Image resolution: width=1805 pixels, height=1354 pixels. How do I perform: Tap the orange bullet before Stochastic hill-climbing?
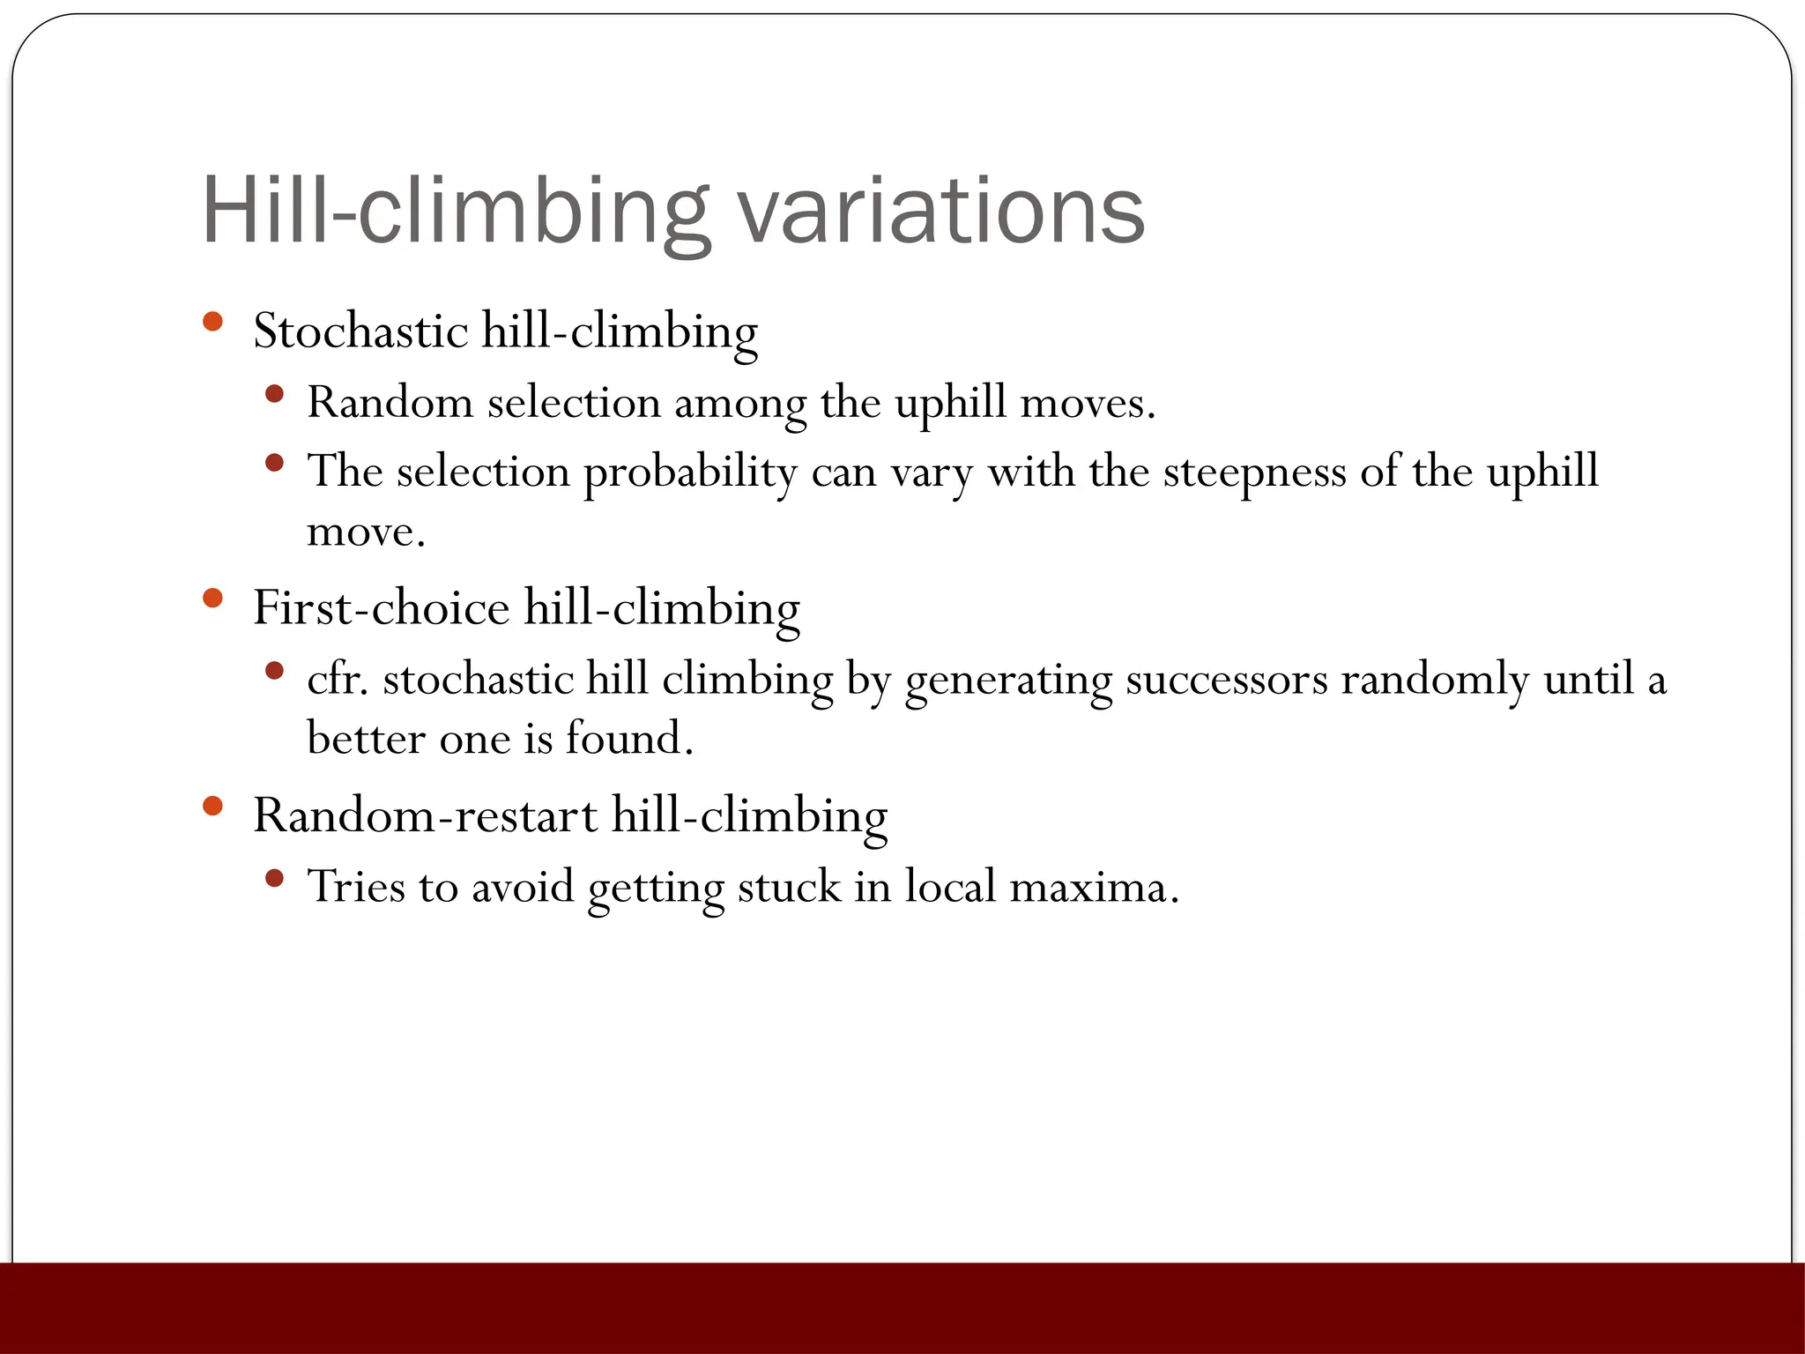pos(212,321)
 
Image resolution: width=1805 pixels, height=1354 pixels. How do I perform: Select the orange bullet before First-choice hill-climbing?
pos(212,599)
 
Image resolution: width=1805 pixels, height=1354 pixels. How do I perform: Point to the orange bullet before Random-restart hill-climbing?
pos(212,806)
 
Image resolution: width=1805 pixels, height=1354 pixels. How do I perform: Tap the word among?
pos(739,405)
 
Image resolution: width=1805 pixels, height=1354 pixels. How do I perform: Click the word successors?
pos(1226,680)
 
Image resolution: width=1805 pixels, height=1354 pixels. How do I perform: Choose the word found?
pos(629,739)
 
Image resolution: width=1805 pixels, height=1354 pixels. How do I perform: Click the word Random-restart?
pos(425,815)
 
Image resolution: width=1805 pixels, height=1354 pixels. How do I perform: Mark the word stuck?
pos(789,888)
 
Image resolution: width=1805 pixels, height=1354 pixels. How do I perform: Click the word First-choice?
pos(381,608)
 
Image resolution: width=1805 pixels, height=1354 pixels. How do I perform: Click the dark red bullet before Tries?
pos(274,878)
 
